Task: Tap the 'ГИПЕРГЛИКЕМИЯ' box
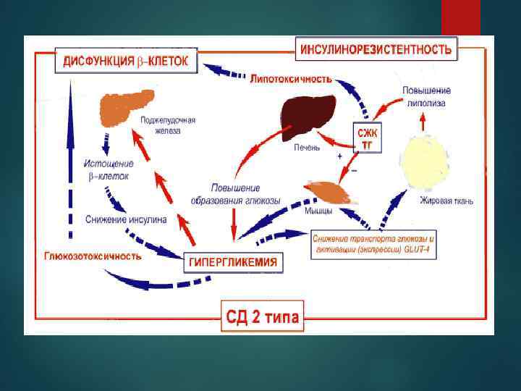(x=232, y=262)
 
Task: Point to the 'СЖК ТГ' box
(x=368, y=138)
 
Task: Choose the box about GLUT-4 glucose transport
(x=374, y=243)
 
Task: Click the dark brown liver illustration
(x=308, y=117)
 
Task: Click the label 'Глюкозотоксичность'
(x=93, y=256)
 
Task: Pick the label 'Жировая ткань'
(x=446, y=201)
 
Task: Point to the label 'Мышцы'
(x=319, y=211)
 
